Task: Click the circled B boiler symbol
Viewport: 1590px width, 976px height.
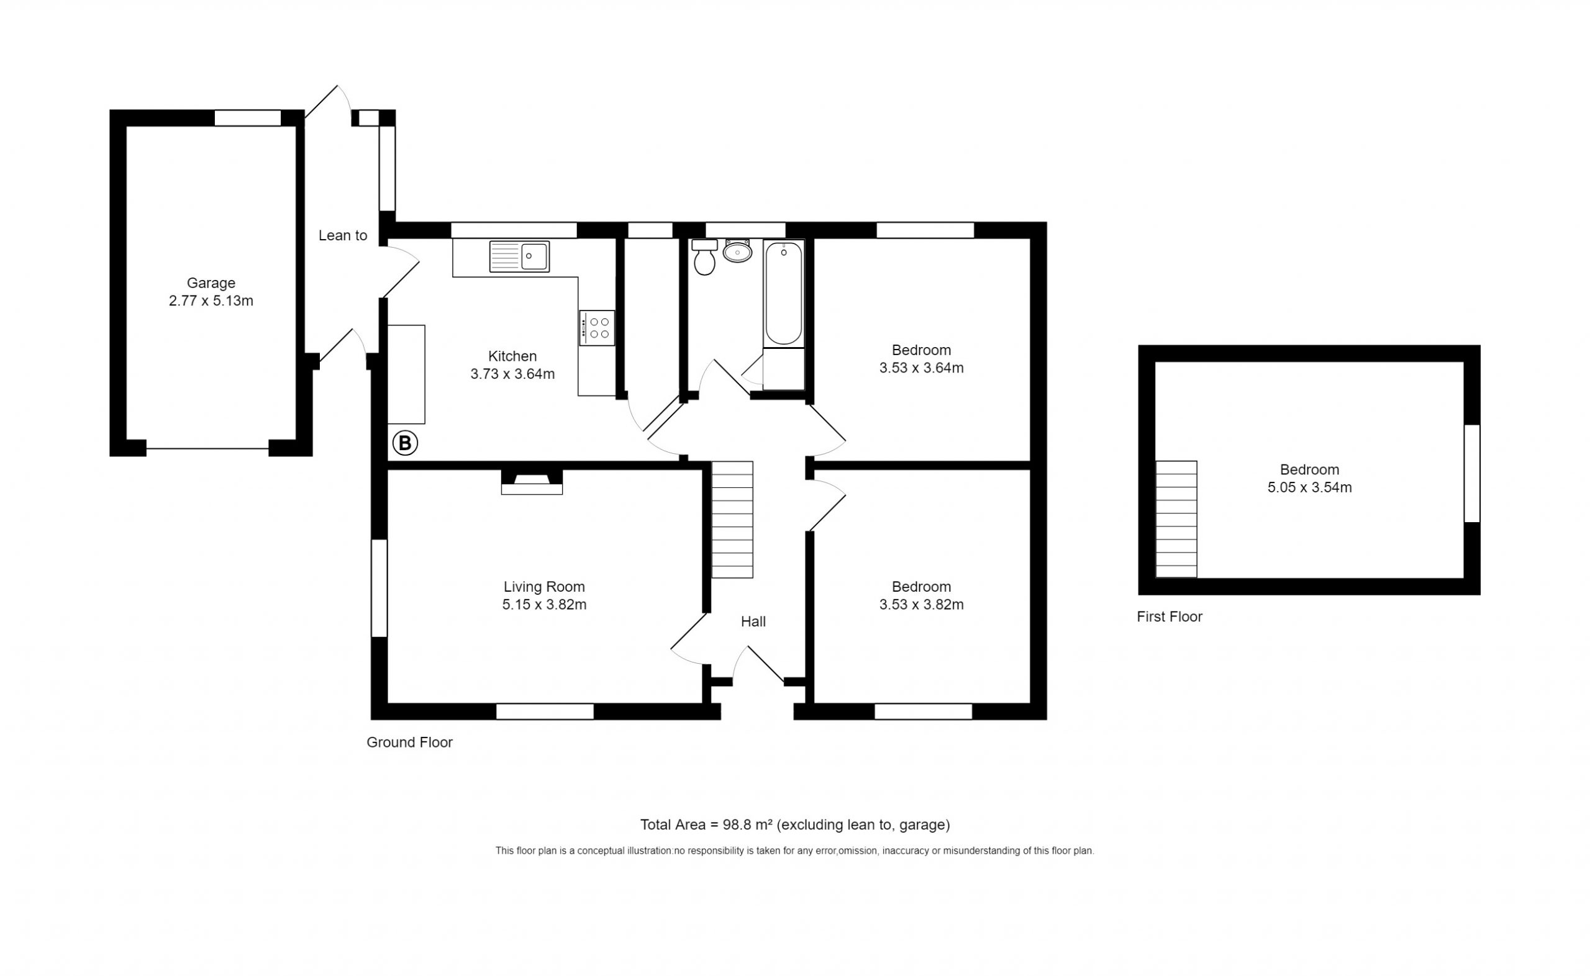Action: coord(406,443)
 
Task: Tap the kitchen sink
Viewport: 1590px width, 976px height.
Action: coord(519,256)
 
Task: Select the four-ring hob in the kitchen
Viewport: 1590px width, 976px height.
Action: coord(597,328)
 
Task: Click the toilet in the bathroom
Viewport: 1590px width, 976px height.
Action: coord(704,257)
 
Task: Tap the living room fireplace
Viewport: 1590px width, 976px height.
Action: coord(532,482)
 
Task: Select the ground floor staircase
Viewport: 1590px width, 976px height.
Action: coord(732,520)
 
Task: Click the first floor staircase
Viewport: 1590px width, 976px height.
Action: coord(1176,519)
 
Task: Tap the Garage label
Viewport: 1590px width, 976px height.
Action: coord(211,282)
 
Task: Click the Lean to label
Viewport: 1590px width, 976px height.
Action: coord(343,235)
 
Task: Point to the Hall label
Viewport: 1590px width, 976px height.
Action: coord(753,621)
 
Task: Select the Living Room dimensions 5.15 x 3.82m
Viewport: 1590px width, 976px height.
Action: coord(544,605)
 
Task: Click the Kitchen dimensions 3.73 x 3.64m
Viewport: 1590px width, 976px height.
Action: coord(512,374)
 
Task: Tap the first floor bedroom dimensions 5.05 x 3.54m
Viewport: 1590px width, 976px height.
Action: coord(1309,487)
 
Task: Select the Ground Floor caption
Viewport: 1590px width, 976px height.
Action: coord(410,743)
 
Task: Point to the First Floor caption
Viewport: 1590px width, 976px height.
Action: coord(1170,617)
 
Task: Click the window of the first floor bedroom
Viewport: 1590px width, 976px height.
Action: coord(1472,473)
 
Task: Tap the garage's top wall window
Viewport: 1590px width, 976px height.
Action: coord(248,118)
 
